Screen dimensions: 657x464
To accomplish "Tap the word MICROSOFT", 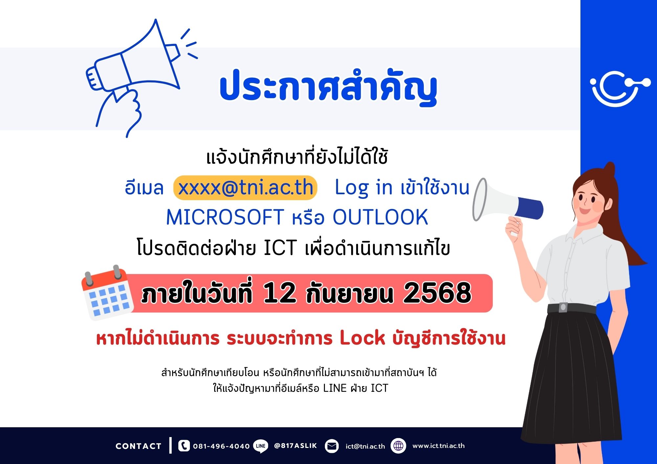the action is tap(225, 217).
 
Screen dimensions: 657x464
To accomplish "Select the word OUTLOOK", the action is tap(380, 217).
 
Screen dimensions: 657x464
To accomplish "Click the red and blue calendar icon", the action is tap(107, 292).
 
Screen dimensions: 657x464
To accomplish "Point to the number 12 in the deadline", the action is tap(279, 293).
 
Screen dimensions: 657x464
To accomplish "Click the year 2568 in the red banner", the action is tap(437, 293).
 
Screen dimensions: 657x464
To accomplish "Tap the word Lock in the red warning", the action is tap(362, 338).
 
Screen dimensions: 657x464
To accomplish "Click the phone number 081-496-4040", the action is tap(221, 446).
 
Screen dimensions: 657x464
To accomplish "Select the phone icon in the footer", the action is tap(184, 446).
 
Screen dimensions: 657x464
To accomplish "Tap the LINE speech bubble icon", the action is tap(261, 446).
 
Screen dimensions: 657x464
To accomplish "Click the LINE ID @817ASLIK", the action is tap(295, 446).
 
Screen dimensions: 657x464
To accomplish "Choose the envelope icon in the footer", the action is tap(332, 446).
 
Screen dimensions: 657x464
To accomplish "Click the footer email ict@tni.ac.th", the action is tap(365, 446).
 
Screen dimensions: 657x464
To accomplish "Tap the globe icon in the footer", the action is tap(398, 446).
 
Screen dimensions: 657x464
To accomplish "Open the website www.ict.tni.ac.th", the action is tap(439, 446).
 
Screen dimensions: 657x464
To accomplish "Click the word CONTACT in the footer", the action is tap(138, 446).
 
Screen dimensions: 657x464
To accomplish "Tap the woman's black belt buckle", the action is tap(563, 307).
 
